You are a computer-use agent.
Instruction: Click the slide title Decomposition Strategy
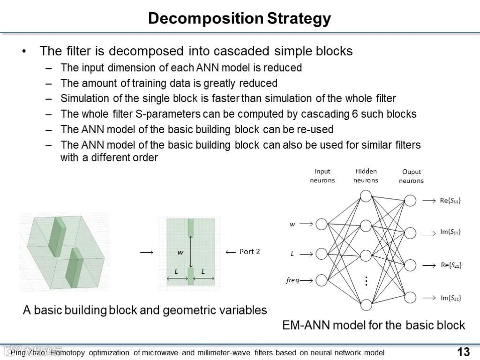[240, 18]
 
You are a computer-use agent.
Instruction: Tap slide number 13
[463, 352]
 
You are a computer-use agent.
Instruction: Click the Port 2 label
[249, 252]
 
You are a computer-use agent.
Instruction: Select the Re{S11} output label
[450, 201]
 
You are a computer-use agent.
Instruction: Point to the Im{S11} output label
[450, 232]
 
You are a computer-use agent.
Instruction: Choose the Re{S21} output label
[451, 265]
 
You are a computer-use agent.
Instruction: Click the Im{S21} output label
[450, 298]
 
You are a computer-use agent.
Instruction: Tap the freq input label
[292, 280]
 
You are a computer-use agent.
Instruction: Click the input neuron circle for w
[322, 224]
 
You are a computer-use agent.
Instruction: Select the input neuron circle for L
[322, 254]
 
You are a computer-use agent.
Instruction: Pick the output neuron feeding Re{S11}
[410, 201]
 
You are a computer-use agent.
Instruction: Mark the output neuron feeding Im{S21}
[410, 297]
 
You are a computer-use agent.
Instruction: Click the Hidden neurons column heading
[366, 176]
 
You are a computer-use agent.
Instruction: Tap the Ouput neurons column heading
[411, 176]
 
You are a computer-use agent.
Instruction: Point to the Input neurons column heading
[322, 176]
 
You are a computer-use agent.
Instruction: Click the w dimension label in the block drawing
[180, 252]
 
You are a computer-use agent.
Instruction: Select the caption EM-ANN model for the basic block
[374, 325]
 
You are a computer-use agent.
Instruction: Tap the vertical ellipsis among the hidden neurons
[366, 281]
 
